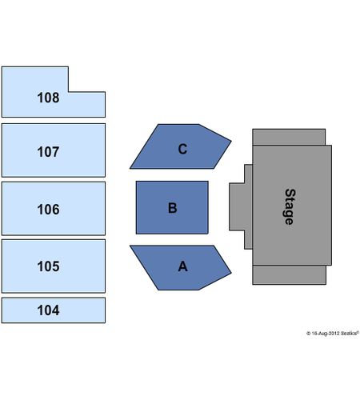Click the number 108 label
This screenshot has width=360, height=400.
[48, 98]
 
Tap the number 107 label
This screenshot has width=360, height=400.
[48, 152]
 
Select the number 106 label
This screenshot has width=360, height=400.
[48, 210]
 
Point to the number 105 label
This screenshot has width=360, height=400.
[48, 266]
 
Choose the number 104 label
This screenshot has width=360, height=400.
[48, 310]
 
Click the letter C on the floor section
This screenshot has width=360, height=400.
[182, 149]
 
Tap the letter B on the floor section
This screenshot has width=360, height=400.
[173, 208]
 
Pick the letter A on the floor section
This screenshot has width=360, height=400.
[183, 266]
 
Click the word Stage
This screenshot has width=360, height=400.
[290, 206]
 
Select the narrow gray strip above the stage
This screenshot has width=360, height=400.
[289, 137]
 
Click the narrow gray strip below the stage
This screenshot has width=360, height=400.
[290, 275]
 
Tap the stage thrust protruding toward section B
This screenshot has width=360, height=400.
[240, 206]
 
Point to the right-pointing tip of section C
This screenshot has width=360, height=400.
[231, 141]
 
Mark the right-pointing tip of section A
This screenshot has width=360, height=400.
[231, 273]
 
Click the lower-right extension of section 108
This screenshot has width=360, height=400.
[87, 104]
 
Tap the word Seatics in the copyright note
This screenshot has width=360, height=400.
[349, 333]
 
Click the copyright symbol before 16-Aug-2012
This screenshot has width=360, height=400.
[308, 334]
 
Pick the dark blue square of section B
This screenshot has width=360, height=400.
[172, 207]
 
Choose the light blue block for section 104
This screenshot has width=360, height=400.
[54, 310]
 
